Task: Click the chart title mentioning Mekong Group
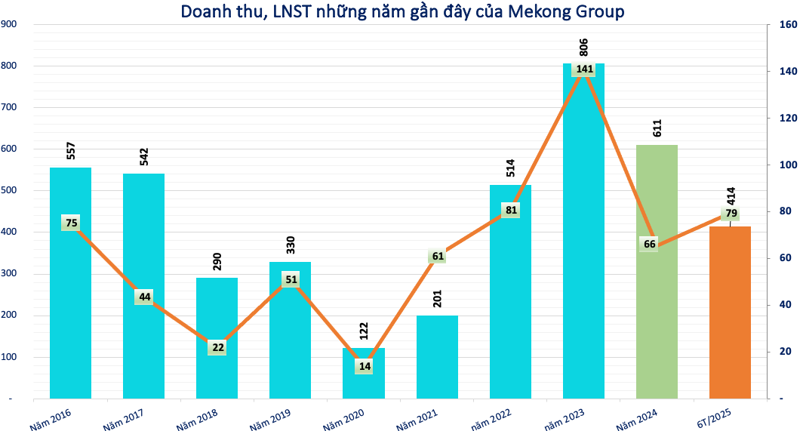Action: [x=402, y=12]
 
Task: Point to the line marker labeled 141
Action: [x=584, y=69]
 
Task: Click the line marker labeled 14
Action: [x=365, y=366]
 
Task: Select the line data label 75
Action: [x=71, y=223]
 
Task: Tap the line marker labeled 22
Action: [x=217, y=347]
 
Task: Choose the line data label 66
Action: [x=649, y=243]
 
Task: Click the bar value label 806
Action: [x=583, y=47]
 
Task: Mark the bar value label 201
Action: [x=438, y=299]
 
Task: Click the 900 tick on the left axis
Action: [x=11, y=24]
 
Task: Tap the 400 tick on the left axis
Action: [x=11, y=232]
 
